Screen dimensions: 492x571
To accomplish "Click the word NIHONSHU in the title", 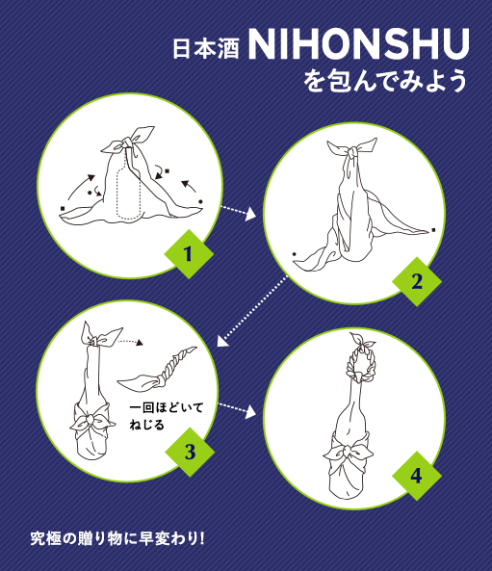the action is [359, 43].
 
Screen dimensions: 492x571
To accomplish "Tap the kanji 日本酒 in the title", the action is [206, 49].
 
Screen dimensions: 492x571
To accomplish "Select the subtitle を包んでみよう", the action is [385, 80].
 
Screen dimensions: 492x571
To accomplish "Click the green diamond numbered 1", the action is [189, 254].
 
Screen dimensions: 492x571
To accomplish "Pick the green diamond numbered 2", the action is [417, 281].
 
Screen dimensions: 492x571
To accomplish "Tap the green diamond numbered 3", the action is [190, 452].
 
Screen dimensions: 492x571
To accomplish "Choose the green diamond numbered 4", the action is [417, 476].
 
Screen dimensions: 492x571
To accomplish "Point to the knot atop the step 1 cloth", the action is [126, 143].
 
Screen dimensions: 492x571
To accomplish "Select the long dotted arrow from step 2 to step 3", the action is [252, 311].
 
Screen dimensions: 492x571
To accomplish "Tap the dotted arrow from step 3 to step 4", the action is [237, 410].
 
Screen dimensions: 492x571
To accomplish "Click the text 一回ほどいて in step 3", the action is [166, 407].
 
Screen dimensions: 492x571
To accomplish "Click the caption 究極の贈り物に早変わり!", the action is [117, 538].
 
